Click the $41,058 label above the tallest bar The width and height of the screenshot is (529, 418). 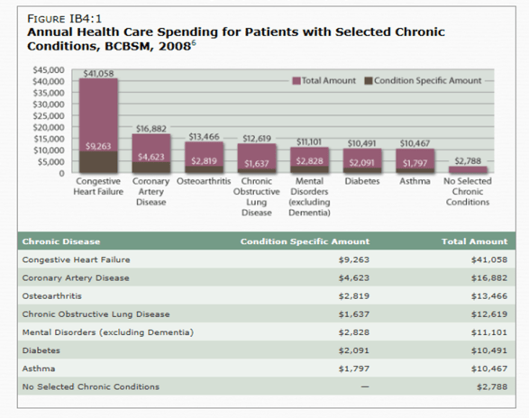(98, 73)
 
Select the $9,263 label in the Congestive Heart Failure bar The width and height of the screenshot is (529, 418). (98, 145)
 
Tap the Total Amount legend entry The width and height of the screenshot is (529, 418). (326, 81)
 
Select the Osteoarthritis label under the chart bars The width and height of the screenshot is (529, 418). (205, 180)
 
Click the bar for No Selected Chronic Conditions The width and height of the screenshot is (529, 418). (468, 168)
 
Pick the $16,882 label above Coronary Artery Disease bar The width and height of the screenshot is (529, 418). (150, 129)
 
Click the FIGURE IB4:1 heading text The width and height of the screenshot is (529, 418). (59, 14)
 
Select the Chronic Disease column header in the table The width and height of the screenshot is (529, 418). (61, 241)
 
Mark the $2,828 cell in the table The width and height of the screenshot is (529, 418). (356, 332)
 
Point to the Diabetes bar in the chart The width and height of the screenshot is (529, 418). (361, 160)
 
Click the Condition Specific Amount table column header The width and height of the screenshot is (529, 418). (305, 241)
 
